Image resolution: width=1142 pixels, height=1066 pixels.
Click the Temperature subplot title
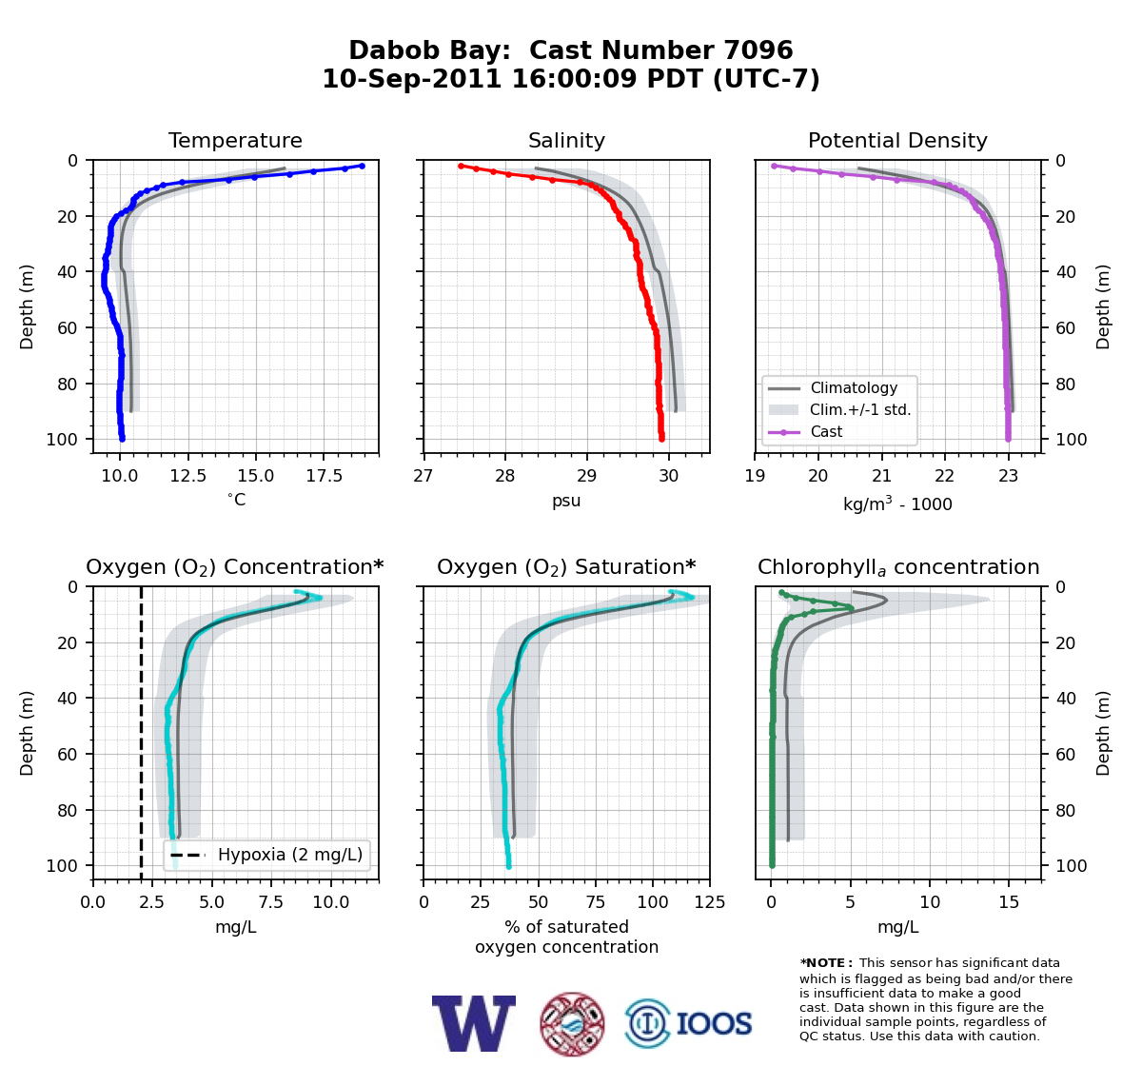235,140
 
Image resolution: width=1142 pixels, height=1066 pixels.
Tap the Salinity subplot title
566,140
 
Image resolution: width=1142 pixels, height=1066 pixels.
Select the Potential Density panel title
897,140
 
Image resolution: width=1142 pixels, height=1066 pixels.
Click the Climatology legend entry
833,387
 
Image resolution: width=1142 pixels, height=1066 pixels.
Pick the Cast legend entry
805,431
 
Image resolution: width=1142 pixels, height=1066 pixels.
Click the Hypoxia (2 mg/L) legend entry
266,855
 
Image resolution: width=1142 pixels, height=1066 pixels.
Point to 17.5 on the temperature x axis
324,476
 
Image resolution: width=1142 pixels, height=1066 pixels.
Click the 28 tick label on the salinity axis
505,476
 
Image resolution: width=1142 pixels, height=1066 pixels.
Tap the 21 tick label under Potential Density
881,476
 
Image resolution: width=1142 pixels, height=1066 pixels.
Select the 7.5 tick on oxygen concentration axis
271,902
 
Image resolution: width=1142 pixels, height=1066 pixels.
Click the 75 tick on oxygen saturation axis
596,902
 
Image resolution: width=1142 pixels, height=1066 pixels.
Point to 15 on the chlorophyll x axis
1009,902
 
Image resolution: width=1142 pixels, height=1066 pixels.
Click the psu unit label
566,501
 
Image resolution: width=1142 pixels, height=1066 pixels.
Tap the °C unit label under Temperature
236,500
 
